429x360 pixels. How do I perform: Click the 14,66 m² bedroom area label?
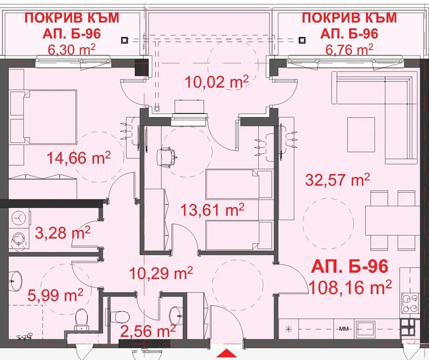(79, 158)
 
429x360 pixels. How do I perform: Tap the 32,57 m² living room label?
(337, 179)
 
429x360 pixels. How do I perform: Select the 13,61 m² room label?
(212, 210)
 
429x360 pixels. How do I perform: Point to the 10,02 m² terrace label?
(217, 82)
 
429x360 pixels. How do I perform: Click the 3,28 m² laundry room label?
(62, 233)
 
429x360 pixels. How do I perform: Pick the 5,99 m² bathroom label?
(55, 295)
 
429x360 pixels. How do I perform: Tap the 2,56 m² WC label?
(148, 331)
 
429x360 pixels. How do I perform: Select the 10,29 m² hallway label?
(161, 273)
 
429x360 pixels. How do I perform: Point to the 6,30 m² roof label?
(71, 50)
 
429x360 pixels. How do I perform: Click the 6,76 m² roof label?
(349, 50)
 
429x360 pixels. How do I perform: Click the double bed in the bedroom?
(44, 117)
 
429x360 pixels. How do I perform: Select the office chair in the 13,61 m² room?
(166, 156)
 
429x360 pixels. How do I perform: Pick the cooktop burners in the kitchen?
(410, 303)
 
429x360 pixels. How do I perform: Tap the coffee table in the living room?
(361, 134)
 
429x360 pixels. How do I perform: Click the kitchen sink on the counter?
(365, 329)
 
